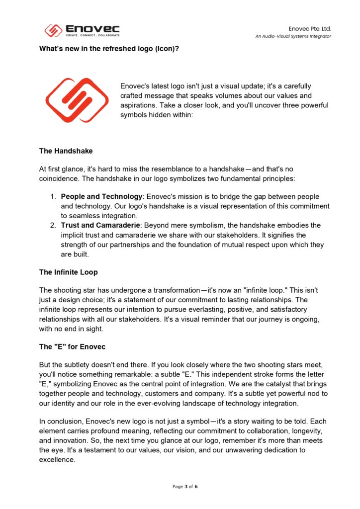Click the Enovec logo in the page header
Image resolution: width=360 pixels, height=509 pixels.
point(82,31)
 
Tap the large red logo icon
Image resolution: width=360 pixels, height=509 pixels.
point(77,100)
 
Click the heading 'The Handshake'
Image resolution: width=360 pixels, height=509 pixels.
point(66,151)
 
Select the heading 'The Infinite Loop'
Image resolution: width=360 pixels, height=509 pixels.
point(68,272)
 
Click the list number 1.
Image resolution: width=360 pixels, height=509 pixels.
point(52,197)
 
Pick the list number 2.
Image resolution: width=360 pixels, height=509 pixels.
point(52,226)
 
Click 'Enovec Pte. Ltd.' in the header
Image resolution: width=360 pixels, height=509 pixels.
point(310,29)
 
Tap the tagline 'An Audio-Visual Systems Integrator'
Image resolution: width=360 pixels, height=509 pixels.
point(293,36)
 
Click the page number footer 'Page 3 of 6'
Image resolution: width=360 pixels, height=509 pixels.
point(185,487)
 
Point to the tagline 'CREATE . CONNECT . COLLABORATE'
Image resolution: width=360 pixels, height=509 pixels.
point(92,36)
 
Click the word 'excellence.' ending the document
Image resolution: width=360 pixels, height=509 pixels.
point(57,459)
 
